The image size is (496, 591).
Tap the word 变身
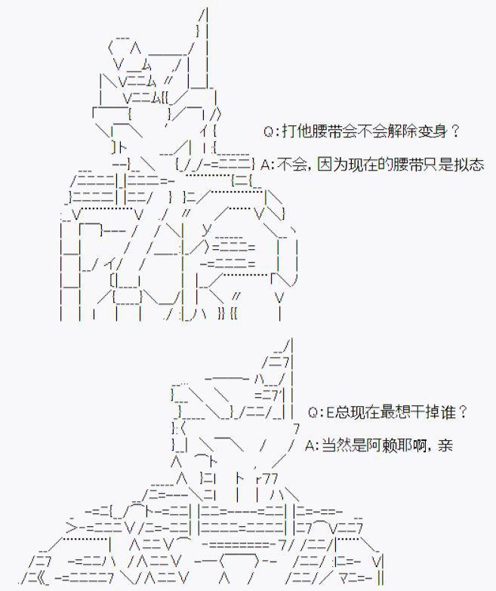(433, 131)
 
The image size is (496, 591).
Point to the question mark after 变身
(454, 131)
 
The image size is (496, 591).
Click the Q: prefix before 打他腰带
(273, 131)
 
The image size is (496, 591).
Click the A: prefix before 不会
(266, 165)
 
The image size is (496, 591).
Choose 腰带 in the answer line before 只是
(401, 165)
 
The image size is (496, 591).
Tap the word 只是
(436, 165)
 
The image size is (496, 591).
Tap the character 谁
(450, 412)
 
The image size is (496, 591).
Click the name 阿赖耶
(384, 445)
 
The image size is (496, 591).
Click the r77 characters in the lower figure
(267, 478)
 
